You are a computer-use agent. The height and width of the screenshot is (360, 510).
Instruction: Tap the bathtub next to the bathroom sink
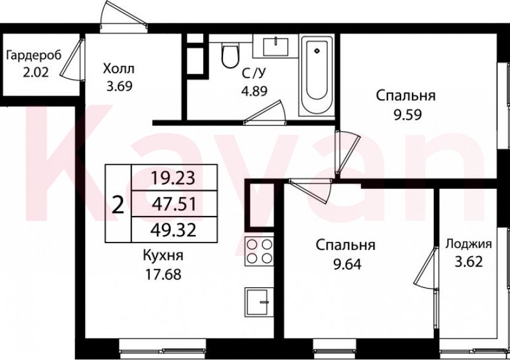(x=317, y=75)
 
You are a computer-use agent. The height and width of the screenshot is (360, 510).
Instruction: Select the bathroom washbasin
(x=275, y=47)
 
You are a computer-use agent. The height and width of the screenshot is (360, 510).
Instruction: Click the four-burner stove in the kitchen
(x=259, y=251)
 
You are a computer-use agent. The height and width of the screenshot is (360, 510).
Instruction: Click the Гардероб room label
(x=34, y=56)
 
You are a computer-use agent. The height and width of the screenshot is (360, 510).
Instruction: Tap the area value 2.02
(x=35, y=71)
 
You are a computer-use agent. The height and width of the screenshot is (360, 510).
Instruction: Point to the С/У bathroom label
(x=253, y=74)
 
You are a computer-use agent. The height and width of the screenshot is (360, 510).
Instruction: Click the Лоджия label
(x=468, y=242)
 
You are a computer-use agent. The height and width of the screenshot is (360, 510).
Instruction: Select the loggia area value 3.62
(x=468, y=260)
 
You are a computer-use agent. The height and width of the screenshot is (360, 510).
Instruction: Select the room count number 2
(x=118, y=204)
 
